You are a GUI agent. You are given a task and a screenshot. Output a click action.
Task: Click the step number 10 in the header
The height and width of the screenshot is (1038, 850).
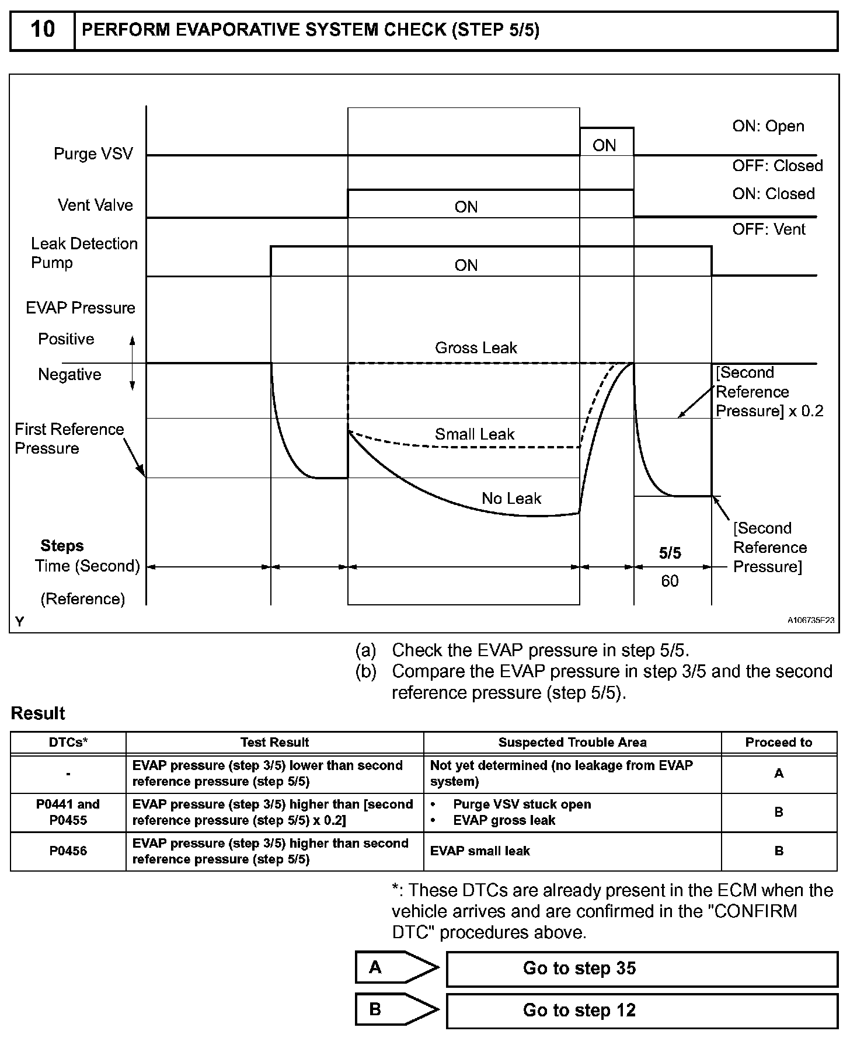coord(43,29)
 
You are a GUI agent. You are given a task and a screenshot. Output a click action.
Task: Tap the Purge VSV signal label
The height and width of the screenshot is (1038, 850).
coord(93,154)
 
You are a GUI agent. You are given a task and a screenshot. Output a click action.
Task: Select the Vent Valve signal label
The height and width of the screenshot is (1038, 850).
coord(95,205)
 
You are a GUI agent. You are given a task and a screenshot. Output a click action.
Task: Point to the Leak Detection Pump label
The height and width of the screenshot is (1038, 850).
coord(84,253)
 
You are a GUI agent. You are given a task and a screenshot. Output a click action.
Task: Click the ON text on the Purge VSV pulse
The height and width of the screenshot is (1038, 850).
coord(604,145)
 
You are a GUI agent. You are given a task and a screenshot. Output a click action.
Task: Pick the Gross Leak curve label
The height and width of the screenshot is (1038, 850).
coord(476,348)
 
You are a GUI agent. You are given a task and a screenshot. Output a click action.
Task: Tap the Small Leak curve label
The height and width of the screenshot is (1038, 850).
coord(475,434)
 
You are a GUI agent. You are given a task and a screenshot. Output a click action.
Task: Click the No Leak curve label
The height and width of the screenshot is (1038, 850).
coord(511,499)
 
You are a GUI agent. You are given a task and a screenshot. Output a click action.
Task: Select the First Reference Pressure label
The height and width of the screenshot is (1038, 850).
coord(69,438)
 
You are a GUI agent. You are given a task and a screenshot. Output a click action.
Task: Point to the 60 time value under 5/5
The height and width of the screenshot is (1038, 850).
coord(670,581)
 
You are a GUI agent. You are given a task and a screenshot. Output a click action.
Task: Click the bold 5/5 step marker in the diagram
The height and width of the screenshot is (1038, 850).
coord(670,553)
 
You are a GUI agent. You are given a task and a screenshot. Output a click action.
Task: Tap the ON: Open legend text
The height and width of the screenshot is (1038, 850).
coord(768,126)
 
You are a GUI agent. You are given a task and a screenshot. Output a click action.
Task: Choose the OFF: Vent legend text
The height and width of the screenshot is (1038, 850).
coord(768,229)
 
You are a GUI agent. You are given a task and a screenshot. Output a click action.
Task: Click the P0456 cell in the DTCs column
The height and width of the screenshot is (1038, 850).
coord(68,851)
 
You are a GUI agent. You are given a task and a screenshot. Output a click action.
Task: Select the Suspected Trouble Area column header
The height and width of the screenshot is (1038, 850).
coord(572,743)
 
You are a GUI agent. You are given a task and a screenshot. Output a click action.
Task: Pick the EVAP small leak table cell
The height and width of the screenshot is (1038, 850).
coord(480,851)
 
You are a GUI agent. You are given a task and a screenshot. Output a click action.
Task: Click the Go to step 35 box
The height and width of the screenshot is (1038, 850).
coord(642,969)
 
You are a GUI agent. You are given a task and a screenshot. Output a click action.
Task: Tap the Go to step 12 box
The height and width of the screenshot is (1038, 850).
coord(642,1011)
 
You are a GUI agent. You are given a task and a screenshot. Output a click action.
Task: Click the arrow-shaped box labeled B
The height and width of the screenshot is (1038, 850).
coord(396,1010)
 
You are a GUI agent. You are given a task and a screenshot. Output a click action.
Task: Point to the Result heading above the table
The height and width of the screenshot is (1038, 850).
coord(38,713)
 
